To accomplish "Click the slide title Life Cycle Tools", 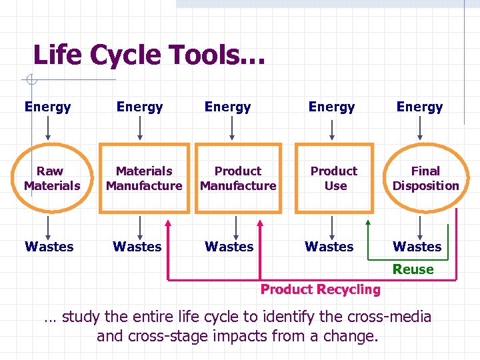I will (149, 55).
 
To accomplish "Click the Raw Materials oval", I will (51, 179).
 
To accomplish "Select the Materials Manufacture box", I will (144, 179).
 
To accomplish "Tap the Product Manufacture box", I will (238, 179).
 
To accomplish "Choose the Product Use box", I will (334, 179).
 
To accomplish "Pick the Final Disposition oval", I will (425, 179).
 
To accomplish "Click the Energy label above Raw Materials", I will (47, 107).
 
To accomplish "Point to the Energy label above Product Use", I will (331, 107).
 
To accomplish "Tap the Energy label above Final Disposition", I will (419, 107).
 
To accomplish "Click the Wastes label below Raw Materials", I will (49, 247).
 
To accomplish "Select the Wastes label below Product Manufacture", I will (229, 247).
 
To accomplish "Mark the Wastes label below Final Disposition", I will (417, 247).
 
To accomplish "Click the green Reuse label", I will (413, 269).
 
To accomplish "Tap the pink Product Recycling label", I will (320, 289).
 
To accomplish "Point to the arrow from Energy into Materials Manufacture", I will (140, 127).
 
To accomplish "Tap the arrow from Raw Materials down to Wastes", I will (48, 225).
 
